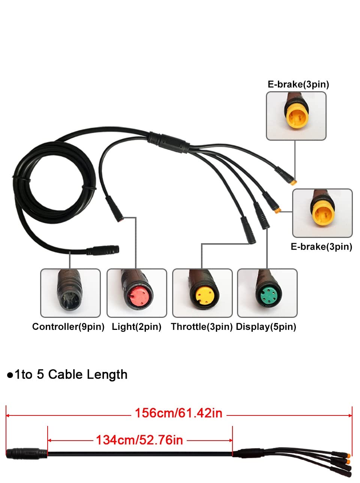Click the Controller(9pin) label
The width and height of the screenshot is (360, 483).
coord(68,327)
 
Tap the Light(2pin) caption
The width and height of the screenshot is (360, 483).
coord(136,327)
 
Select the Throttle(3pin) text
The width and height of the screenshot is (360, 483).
coord(202,327)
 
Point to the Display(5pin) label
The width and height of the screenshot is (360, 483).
coord(266,327)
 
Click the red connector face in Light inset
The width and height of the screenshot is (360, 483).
coord(138,296)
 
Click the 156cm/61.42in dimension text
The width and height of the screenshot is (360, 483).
coord(178,413)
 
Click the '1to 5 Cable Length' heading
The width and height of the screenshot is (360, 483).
coord(71,375)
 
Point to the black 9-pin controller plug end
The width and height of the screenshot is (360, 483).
coord(103,250)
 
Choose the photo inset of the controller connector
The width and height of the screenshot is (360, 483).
coord(70,293)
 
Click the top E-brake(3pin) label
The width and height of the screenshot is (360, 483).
coord(298,84)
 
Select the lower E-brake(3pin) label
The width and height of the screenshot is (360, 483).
coord(321,247)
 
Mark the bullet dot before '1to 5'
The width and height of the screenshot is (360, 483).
coord(10,375)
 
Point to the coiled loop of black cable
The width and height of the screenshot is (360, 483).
coord(54,183)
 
